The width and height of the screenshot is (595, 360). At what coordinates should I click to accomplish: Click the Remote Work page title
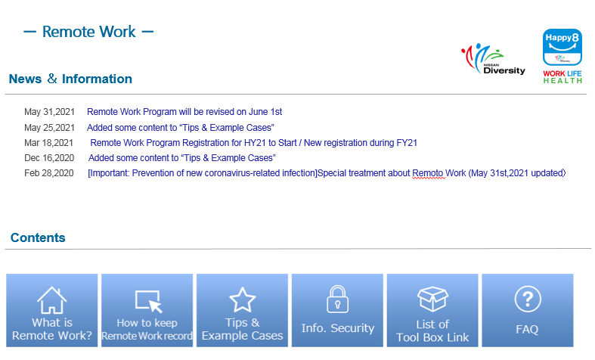point(88,32)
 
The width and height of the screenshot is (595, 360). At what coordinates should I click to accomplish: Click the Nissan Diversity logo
point(493,59)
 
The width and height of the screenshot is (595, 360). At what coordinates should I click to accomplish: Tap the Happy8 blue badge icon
point(562,48)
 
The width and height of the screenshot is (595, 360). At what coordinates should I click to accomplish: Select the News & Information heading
point(70,79)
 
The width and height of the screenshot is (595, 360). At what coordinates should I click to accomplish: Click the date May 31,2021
point(49,112)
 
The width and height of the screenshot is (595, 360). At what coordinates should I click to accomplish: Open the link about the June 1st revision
point(184,112)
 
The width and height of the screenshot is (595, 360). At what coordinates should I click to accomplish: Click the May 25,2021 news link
point(180,128)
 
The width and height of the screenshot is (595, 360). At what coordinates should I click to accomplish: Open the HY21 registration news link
point(253,143)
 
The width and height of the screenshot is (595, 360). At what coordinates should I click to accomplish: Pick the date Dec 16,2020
point(49,158)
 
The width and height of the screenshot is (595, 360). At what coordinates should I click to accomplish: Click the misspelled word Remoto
point(428,173)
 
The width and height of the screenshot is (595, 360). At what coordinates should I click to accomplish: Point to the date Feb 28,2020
point(49,173)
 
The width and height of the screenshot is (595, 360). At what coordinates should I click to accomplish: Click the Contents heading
point(38,237)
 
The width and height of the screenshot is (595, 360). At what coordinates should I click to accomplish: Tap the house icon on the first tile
point(52,300)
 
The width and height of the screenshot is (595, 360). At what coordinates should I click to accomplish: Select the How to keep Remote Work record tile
point(147,310)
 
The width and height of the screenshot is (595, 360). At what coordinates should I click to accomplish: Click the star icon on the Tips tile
point(243,299)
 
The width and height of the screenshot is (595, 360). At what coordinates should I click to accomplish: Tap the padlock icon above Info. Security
point(338,299)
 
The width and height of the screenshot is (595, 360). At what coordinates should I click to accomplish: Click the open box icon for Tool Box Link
point(432,299)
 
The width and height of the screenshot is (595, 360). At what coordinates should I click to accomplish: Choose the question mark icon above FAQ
point(528,299)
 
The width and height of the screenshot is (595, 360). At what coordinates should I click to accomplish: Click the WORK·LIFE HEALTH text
point(562,77)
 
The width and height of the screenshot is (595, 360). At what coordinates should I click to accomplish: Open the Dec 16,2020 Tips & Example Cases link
point(181,158)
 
